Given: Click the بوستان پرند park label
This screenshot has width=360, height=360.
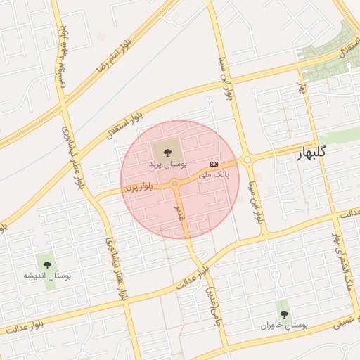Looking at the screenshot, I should click(167, 162).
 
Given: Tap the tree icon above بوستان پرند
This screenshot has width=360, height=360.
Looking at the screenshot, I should click(167, 150).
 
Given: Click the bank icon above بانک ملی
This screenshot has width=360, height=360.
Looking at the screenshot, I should click(214, 163).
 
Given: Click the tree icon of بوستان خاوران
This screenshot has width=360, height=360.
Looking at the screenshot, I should click(284, 314).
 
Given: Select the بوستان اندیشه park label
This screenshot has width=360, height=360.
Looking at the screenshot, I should click(47, 276).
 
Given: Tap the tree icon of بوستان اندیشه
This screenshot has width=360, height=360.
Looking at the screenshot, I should click(47, 264).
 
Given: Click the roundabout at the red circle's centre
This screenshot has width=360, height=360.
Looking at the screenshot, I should click(174, 184).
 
